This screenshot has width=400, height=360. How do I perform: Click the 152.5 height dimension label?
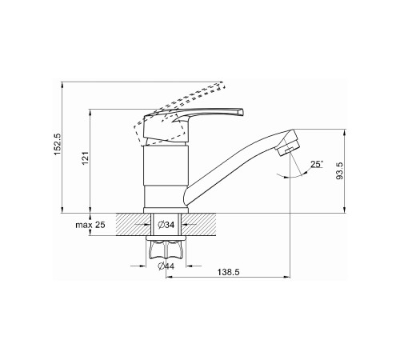coord(58,144)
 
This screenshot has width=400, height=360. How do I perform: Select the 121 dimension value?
coord(85,158)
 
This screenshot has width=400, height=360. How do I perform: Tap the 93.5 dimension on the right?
coord(339,170)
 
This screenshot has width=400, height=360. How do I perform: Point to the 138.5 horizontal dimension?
coord(229,272)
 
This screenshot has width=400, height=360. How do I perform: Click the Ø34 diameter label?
coord(166,225)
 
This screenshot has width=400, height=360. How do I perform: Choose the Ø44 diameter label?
coord(166,266)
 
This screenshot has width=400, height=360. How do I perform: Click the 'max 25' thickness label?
coord(90,225)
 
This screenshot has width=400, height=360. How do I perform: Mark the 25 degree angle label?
coord(317,164)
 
